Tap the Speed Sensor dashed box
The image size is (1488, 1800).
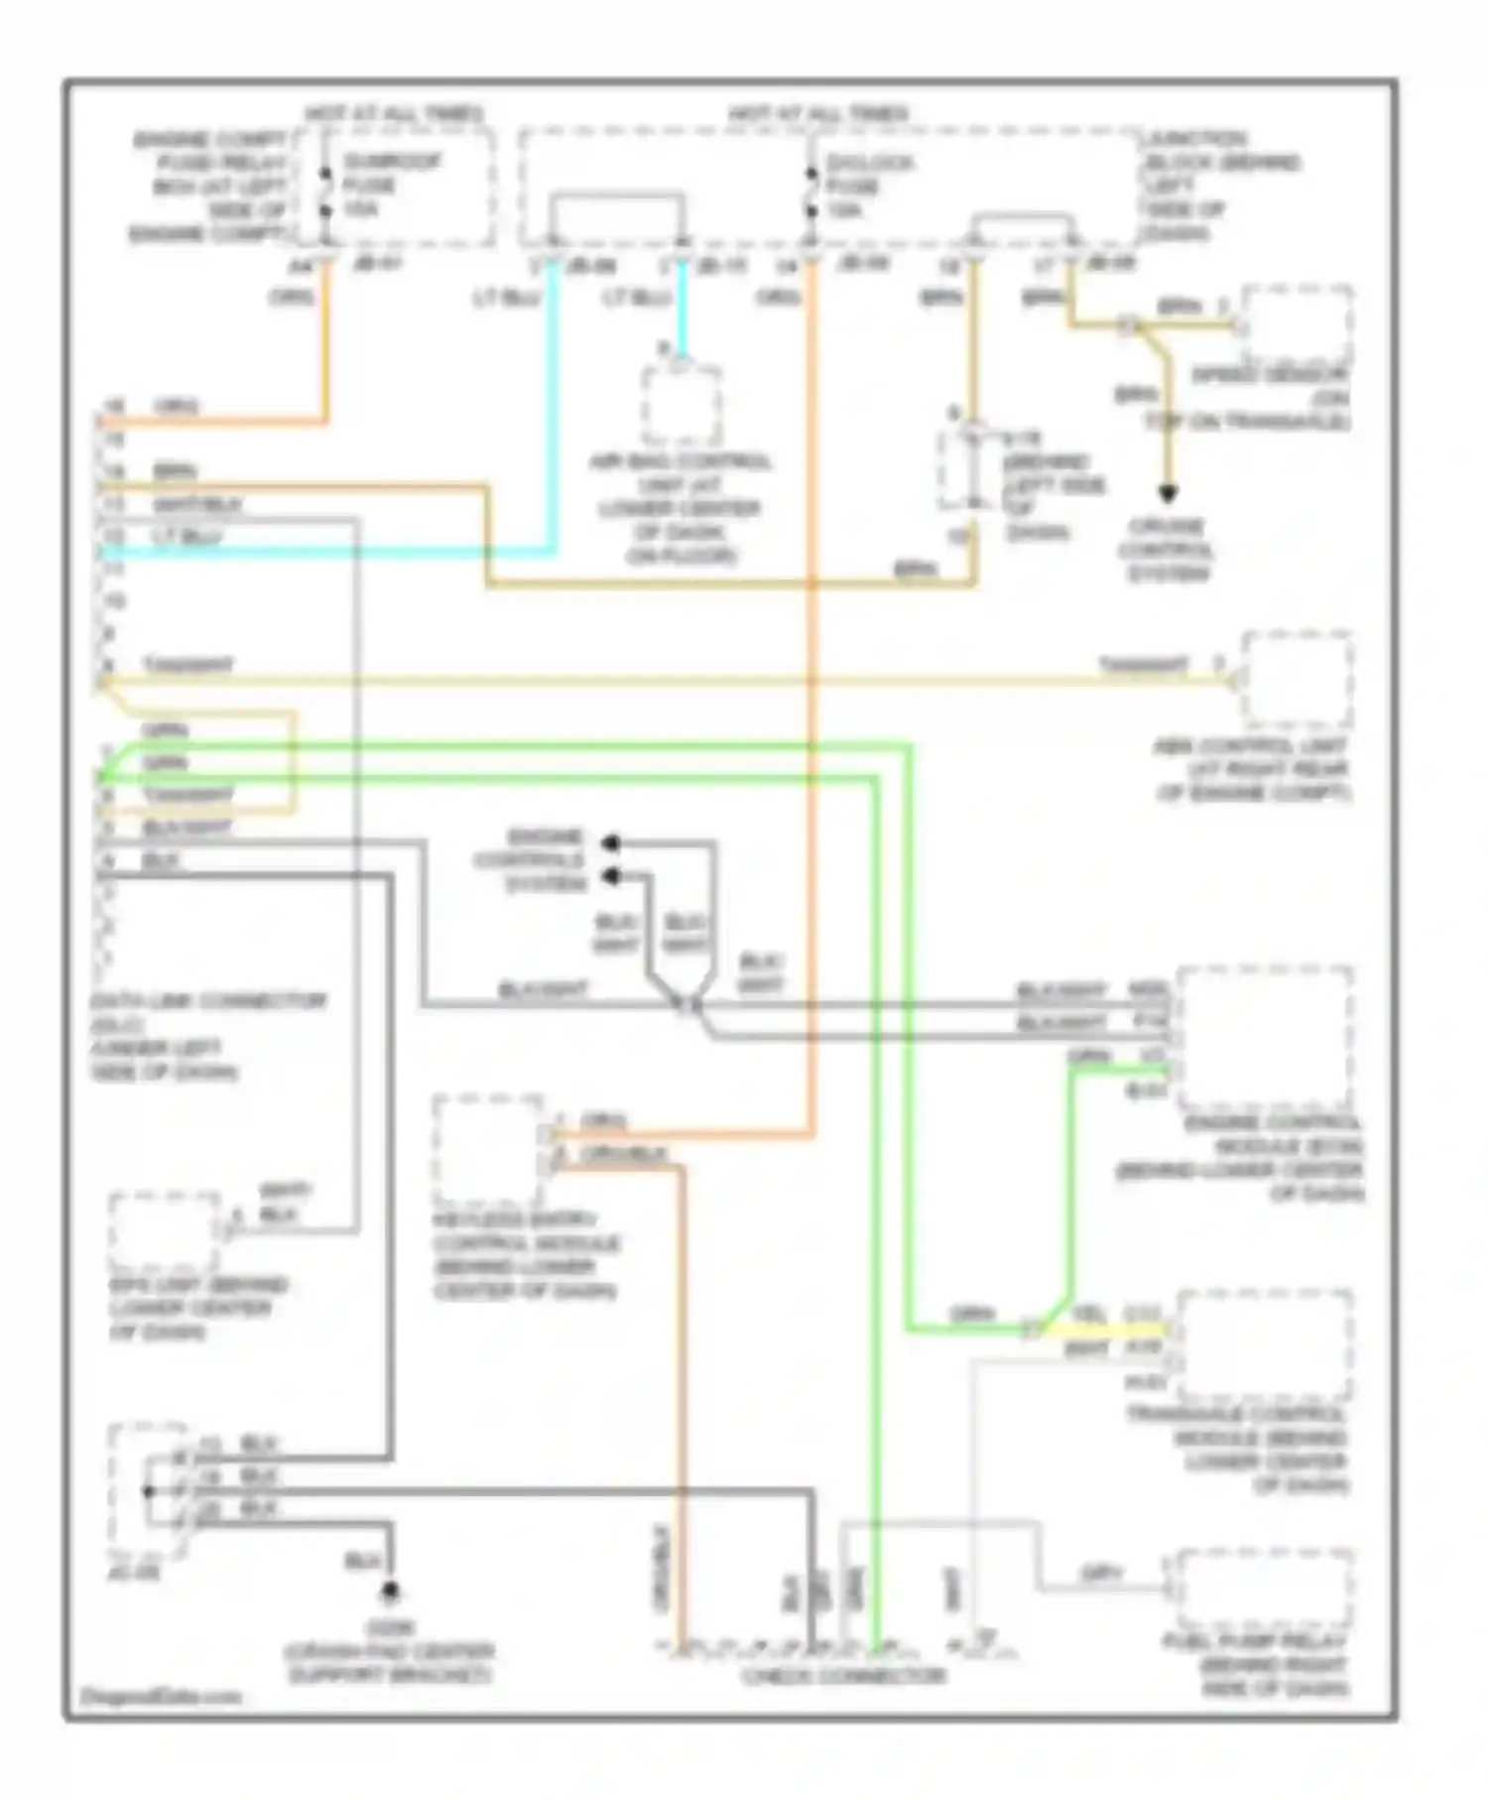tap(1298, 325)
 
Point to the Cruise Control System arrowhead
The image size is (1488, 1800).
tap(1168, 493)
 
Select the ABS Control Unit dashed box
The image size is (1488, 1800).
tap(1297, 679)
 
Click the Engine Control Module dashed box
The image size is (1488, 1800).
tap(1265, 1038)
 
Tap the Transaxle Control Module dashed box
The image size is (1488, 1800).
tap(1265, 1346)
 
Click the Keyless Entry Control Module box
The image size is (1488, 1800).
tap(488, 1149)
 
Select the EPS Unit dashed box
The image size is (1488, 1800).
tap(164, 1232)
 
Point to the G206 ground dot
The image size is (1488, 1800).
tap(391, 1592)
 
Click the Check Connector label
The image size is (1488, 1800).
tap(842, 1676)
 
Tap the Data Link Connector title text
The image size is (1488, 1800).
tap(207, 1000)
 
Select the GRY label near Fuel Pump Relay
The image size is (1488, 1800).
tap(1101, 1573)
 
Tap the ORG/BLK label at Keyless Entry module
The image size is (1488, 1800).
tap(623, 1154)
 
